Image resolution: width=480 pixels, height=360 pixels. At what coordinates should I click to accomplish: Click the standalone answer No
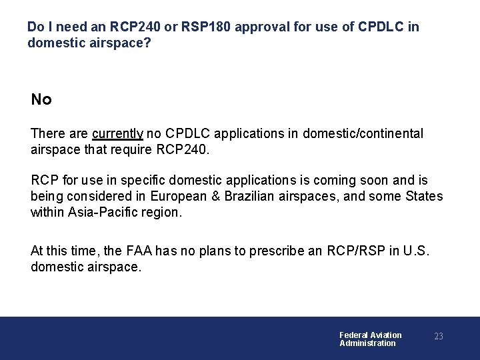pyautogui.click(x=41, y=100)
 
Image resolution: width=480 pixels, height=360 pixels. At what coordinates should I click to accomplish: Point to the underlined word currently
pyautogui.click(x=118, y=133)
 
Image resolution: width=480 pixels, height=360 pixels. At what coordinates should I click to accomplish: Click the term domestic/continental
pyautogui.click(x=363, y=133)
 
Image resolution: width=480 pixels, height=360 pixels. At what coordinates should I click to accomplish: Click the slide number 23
pyautogui.click(x=439, y=337)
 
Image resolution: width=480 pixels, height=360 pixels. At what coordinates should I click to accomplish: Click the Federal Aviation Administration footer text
pyautogui.click(x=370, y=339)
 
